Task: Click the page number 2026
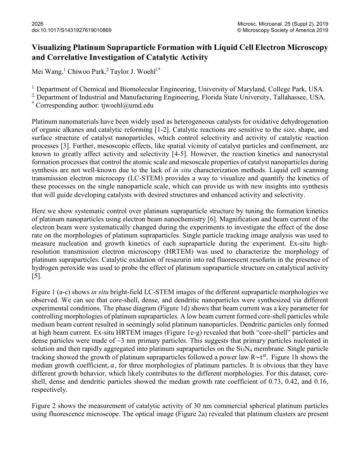[38, 24]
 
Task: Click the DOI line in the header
[72, 30]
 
